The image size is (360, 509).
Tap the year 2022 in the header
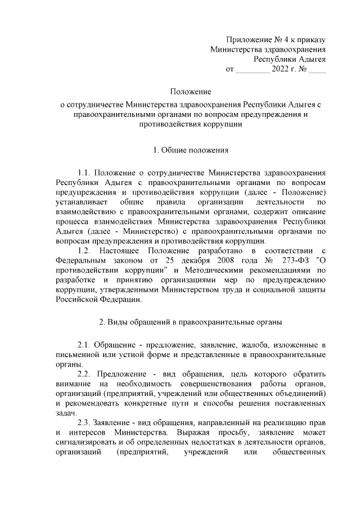(x=280, y=70)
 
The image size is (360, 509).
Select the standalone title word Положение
(x=191, y=91)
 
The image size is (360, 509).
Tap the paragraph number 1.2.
(x=84, y=249)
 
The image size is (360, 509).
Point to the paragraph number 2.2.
(x=84, y=374)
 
